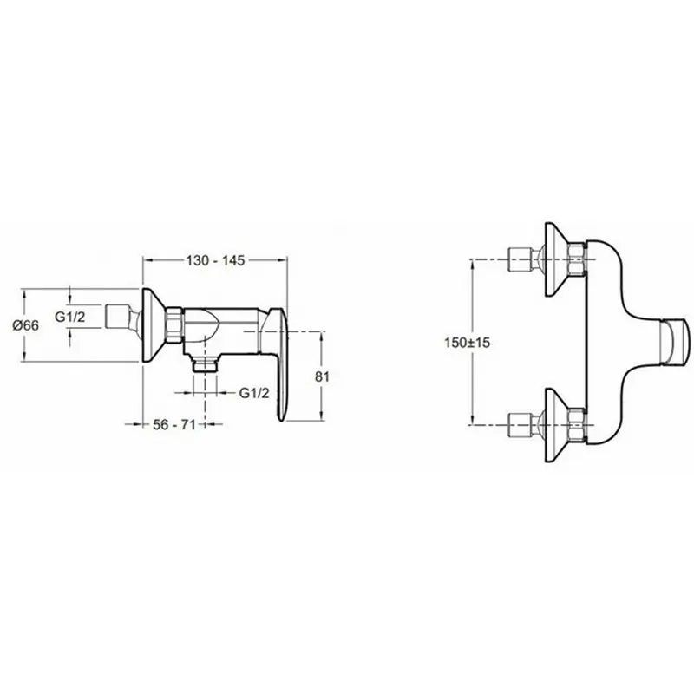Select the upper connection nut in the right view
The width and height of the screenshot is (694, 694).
coord(578,258)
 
